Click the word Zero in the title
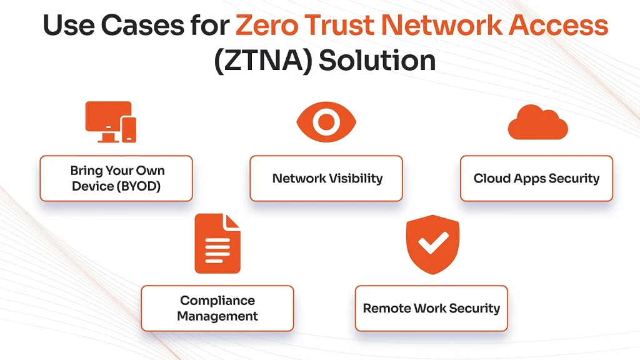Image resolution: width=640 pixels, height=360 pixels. (266, 25)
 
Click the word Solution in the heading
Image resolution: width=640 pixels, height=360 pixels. (377, 61)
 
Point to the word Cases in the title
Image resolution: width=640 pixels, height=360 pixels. (142, 25)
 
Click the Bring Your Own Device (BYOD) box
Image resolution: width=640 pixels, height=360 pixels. (116, 178)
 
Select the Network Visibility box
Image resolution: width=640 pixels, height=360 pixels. (326, 178)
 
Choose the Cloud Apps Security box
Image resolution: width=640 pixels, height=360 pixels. (536, 178)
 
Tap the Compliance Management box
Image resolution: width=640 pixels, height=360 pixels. (217, 308)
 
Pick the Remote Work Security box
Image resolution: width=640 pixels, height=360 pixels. (431, 308)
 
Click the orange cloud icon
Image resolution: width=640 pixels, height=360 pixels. (538, 122)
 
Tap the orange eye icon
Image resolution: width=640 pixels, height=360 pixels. (326, 122)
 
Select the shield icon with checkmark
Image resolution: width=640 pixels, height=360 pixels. (432, 244)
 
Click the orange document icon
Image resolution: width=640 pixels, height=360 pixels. (217, 244)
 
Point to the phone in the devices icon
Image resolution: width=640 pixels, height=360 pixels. (129, 130)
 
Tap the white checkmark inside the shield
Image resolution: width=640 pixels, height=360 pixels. (433, 242)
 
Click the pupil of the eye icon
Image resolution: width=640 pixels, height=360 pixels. (326, 122)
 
